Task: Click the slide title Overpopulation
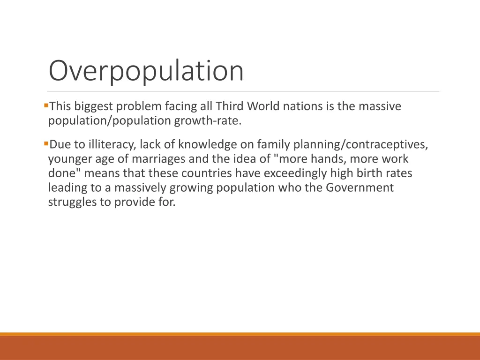click(146, 71)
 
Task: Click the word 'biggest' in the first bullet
click(94, 107)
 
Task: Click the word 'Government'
click(360, 188)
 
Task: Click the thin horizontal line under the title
click(243, 91)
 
